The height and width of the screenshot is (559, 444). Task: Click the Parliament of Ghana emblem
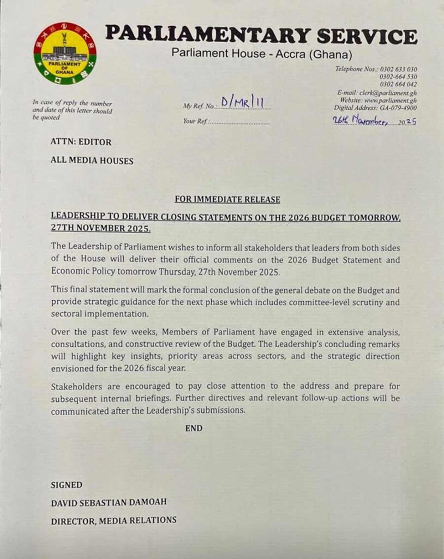65,53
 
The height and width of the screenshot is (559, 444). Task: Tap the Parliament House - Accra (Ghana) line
262,54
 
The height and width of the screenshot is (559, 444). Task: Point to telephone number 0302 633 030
398,69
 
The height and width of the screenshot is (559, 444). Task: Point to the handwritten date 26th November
361,121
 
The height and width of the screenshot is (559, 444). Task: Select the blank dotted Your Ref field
240,122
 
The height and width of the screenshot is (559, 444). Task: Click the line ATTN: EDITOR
81,142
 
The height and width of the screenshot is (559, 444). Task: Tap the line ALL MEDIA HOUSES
92,160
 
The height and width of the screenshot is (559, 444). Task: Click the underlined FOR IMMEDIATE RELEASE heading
227,200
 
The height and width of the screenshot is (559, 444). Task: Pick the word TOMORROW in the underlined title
373,218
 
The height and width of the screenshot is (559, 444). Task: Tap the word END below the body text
194,429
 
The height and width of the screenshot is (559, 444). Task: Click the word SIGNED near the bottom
67,485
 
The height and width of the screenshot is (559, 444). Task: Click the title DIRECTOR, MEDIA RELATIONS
113,521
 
